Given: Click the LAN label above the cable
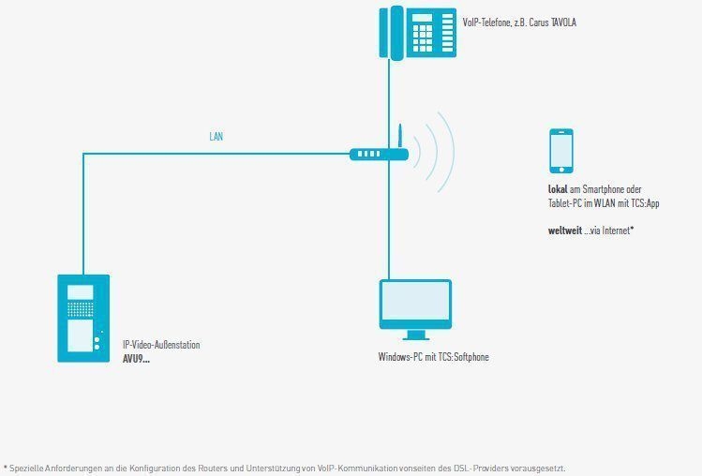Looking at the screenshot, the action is click(216, 137).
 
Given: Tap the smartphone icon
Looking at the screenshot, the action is click(561, 151).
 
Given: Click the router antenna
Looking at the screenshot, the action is click(400, 136).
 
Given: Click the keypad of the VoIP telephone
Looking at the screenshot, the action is click(422, 38).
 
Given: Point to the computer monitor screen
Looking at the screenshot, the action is click(415, 300).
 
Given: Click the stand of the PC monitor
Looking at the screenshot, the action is click(415, 335).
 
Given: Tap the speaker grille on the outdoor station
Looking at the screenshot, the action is click(81, 309).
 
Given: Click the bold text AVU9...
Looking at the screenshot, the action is click(136, 359).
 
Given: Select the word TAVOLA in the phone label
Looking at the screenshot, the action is click(563, 22).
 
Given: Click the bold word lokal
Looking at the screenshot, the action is click(558, 189).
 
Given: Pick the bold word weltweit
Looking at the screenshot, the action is click(565, 231).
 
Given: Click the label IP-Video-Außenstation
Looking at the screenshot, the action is click(161, 345).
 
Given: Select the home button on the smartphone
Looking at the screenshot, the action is click(561, 170).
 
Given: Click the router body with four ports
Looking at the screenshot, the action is click(379, 154).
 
